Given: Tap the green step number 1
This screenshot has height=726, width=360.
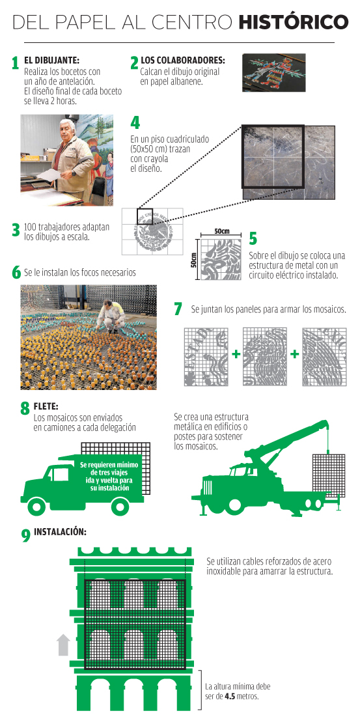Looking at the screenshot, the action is click(15, 63).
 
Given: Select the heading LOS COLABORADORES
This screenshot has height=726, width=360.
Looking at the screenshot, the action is click(183, 60).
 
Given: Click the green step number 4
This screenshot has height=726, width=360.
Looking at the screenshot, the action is click(135, 122).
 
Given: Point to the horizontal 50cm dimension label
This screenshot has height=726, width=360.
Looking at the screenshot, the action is click(222, 231).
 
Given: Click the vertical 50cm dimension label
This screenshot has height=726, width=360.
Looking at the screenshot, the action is click(194, 258).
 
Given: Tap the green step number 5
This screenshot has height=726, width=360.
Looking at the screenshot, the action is click(253, 238).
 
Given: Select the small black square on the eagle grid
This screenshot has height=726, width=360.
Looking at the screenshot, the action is click(145, 216).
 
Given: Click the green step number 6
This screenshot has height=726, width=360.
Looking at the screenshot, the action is click(16, 273).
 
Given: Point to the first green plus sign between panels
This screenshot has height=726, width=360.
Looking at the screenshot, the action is click(236, 354).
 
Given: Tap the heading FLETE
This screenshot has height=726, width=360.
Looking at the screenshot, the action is click(46, 406).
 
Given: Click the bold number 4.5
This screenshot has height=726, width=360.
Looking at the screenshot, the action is click(230, 696).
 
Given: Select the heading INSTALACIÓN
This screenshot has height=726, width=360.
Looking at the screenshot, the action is click(60, 532).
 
